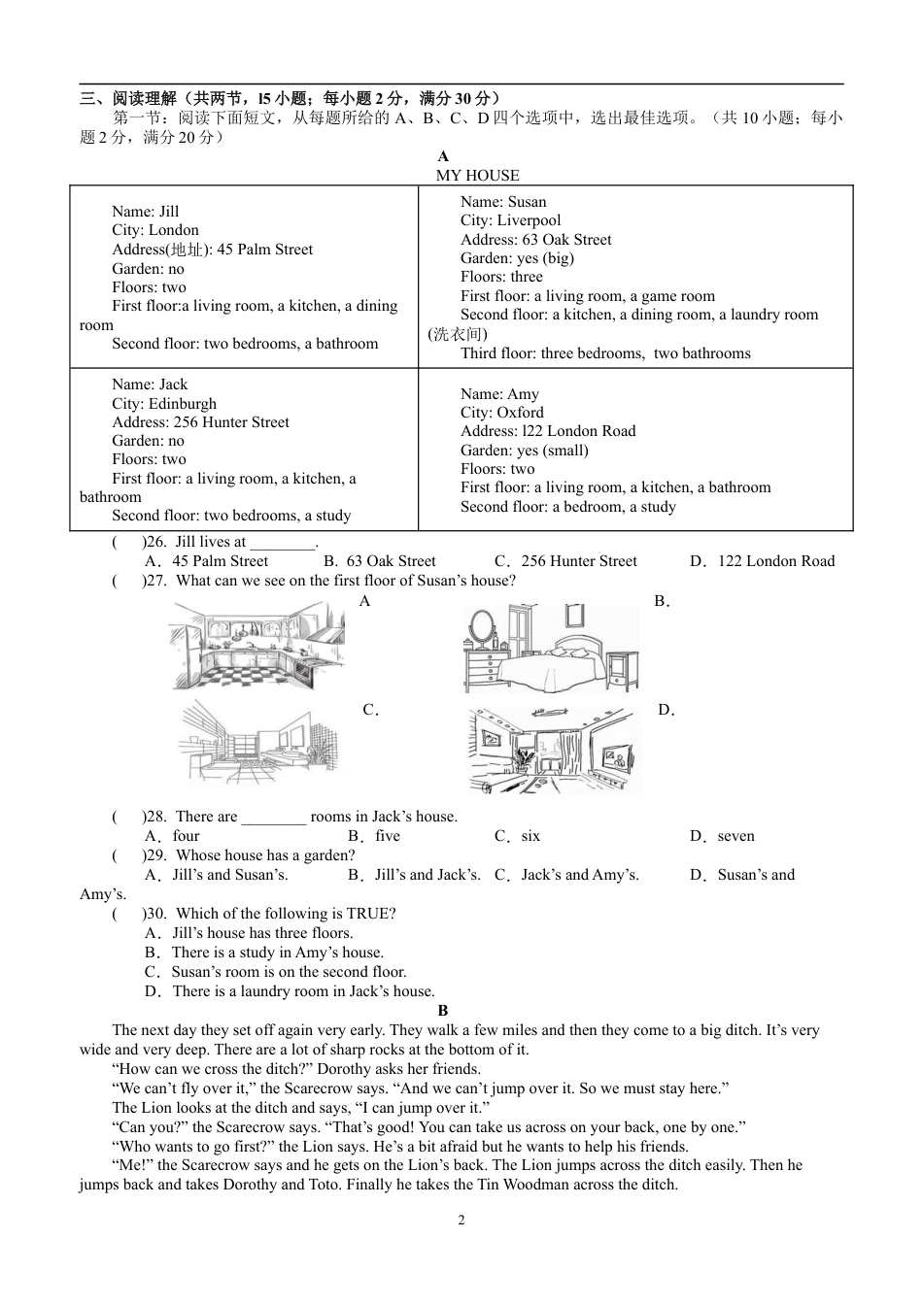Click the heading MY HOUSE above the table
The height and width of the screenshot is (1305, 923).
point(477,176)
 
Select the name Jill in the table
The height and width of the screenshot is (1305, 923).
point(169,212)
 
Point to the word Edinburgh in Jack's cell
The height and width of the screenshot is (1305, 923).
point(183,404)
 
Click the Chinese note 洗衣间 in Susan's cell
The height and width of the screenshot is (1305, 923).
point(458,334)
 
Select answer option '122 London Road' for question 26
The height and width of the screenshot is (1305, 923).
point(775,561)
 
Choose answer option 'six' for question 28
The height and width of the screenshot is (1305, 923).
point(530,836)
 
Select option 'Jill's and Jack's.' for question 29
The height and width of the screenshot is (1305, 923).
point(427,875)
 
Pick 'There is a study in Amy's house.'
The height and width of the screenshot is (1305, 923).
point(277,953)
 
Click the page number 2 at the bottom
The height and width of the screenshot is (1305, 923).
point(461,1221)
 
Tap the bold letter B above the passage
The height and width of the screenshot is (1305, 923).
point(443,1011)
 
